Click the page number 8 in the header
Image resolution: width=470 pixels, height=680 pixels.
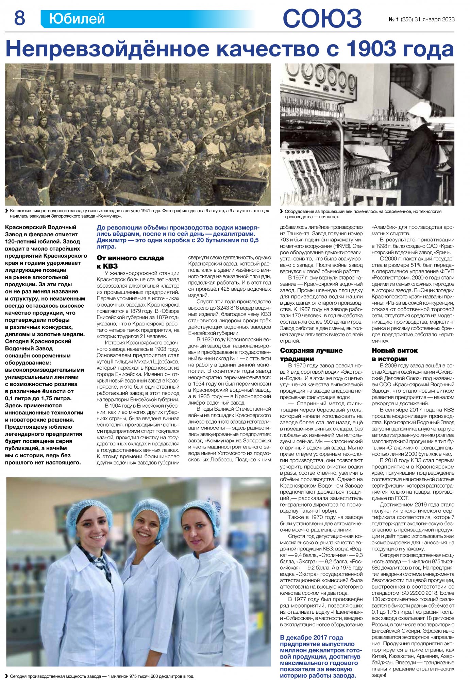[x=19, y=18]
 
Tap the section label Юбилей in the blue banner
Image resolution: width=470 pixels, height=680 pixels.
[x=77, y=19]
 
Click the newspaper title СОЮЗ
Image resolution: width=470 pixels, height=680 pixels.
[x=322, y=18]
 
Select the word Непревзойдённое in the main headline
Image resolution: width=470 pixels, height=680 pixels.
[x=107, y=49]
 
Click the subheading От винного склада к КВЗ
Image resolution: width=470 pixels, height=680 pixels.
[x=130, y=262]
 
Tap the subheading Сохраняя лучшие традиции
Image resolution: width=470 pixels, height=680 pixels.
[x=311, y=354]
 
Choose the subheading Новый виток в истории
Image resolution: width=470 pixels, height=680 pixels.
[x=395, y=354]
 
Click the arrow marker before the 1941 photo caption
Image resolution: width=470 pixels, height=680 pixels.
[x=7, y=211]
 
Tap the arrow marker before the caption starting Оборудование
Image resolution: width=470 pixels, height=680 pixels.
[x=282, y=211]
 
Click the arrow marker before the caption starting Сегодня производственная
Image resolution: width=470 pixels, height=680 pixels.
[x=7, y=676]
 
